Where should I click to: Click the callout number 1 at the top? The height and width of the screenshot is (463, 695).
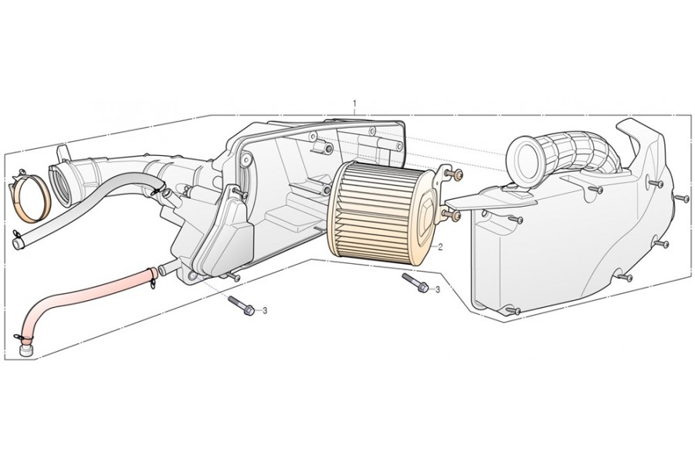pos(354,103)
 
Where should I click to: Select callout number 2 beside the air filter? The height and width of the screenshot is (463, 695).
pos(440,247)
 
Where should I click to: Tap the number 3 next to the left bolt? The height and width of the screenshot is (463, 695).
pos(265,310)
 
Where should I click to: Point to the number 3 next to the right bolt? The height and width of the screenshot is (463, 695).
pos(437,289)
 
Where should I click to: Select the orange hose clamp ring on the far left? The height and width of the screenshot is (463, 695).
pos(36,201)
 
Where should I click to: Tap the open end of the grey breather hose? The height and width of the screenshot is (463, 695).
pos(19,242)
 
